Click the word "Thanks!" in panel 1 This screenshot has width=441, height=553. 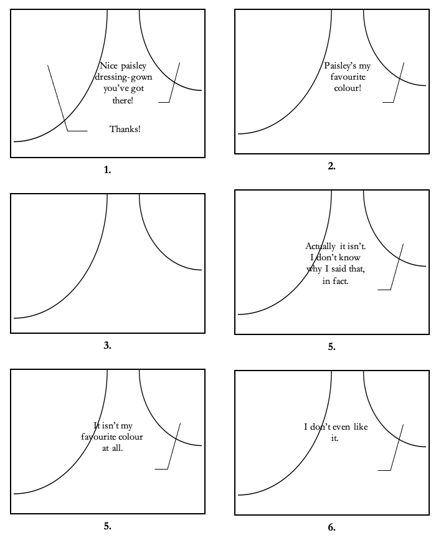tap(125, 130)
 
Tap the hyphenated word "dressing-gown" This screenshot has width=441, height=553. tap(123, 78)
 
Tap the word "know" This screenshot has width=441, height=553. tap(351, 258)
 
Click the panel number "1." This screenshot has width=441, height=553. tap(108, 169)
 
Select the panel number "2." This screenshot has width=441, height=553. tap(331, 166)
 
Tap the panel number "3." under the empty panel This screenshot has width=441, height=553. tap(108, 346)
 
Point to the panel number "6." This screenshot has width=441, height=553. tap(331, 527)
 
